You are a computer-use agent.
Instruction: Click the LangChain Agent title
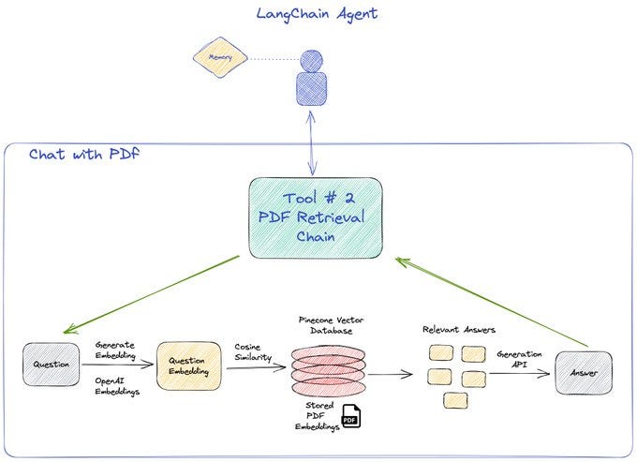(x=317, y=14)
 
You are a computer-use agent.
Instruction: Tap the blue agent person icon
(x=309, y=80)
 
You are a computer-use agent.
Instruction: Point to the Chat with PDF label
(x=83, y=154)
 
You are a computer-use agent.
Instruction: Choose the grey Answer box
(x=583, y=374)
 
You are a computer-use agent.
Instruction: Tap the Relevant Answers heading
(x=459, y=329)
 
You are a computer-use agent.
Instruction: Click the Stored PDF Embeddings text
(x=314, y=416)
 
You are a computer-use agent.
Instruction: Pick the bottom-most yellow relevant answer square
(x=453, y=400)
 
